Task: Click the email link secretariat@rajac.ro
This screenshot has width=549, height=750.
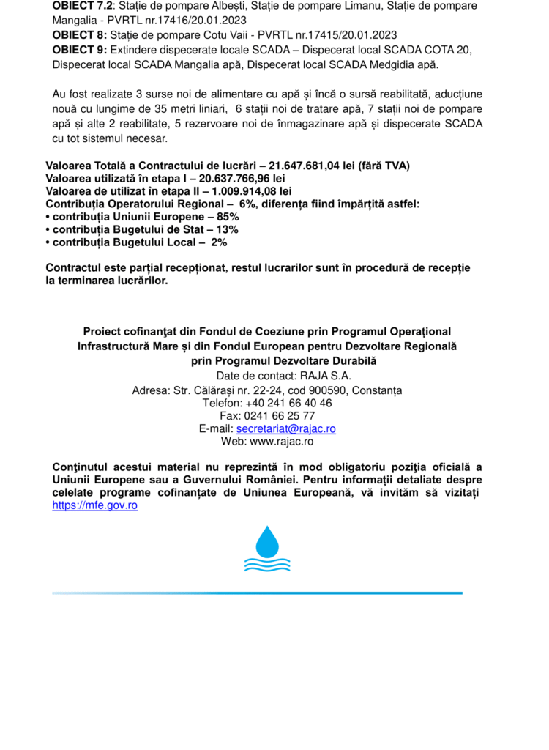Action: click(x=286, y=428)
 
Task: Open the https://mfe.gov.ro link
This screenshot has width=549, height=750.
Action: click(x=95, y=505)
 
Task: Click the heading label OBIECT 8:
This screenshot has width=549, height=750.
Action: click(x=79, y=34)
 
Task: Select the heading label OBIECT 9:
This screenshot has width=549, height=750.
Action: click(x=79, y=49)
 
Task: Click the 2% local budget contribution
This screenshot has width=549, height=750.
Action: click(x=218, y=242)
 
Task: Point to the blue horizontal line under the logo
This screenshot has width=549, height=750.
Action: click(x=257, y=593)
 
